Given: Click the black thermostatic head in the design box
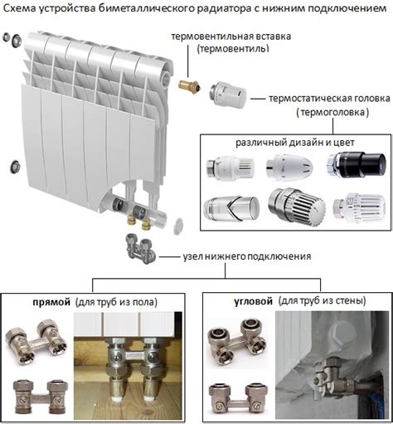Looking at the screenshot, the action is pyautogui.click(x=357, y=163).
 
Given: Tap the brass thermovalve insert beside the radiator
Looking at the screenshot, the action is pyautogui.click(x=189, y=86).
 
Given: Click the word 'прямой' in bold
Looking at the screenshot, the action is pyautogui.click(x=51, y=302).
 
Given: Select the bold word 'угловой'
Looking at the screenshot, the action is pyautogui.click(x=253, y=301).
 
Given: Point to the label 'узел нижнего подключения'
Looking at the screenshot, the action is pyautogui.click(x=247, y=256).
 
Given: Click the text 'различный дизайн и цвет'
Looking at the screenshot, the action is pyautogui.click(x=295, y=143).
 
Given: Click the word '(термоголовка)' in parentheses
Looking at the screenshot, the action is pyautogui.click(x=332, y=112).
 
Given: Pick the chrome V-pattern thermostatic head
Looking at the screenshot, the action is pyautogui.click(x=231, y=208).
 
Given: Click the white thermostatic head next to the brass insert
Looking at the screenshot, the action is pyautogui.click(x=228, y=95).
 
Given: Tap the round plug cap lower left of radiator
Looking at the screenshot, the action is pyautogui.click(x=15, y=167).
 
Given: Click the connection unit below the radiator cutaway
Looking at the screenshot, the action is pyautogui.click(x=140, y=248).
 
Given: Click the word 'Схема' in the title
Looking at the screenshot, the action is pyautogui.click(x=19, y=8).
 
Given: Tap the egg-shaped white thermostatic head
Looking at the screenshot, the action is pyautogui.click(x=289, y=167).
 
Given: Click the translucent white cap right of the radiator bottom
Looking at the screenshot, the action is pyautogui.click(x=178, y=226).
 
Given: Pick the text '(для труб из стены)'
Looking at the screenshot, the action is pyautogui.click(x=323, y=300).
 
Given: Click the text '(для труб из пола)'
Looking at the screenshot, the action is pyautogui.click(x=116, y=302).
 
